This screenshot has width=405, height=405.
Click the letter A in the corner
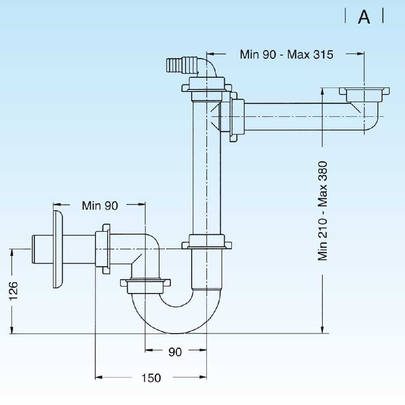[364, 17]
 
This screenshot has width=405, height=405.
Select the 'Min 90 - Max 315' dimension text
[286, 54]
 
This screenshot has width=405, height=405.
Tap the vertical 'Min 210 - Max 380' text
[322, 211]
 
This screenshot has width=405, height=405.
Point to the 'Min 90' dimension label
[100, 205]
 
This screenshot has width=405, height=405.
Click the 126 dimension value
[13, 290]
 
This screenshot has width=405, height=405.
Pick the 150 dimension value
[151, 378]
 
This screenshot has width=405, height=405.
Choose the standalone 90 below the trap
[175, 352]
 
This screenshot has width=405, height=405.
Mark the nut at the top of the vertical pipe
[207, 87]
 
